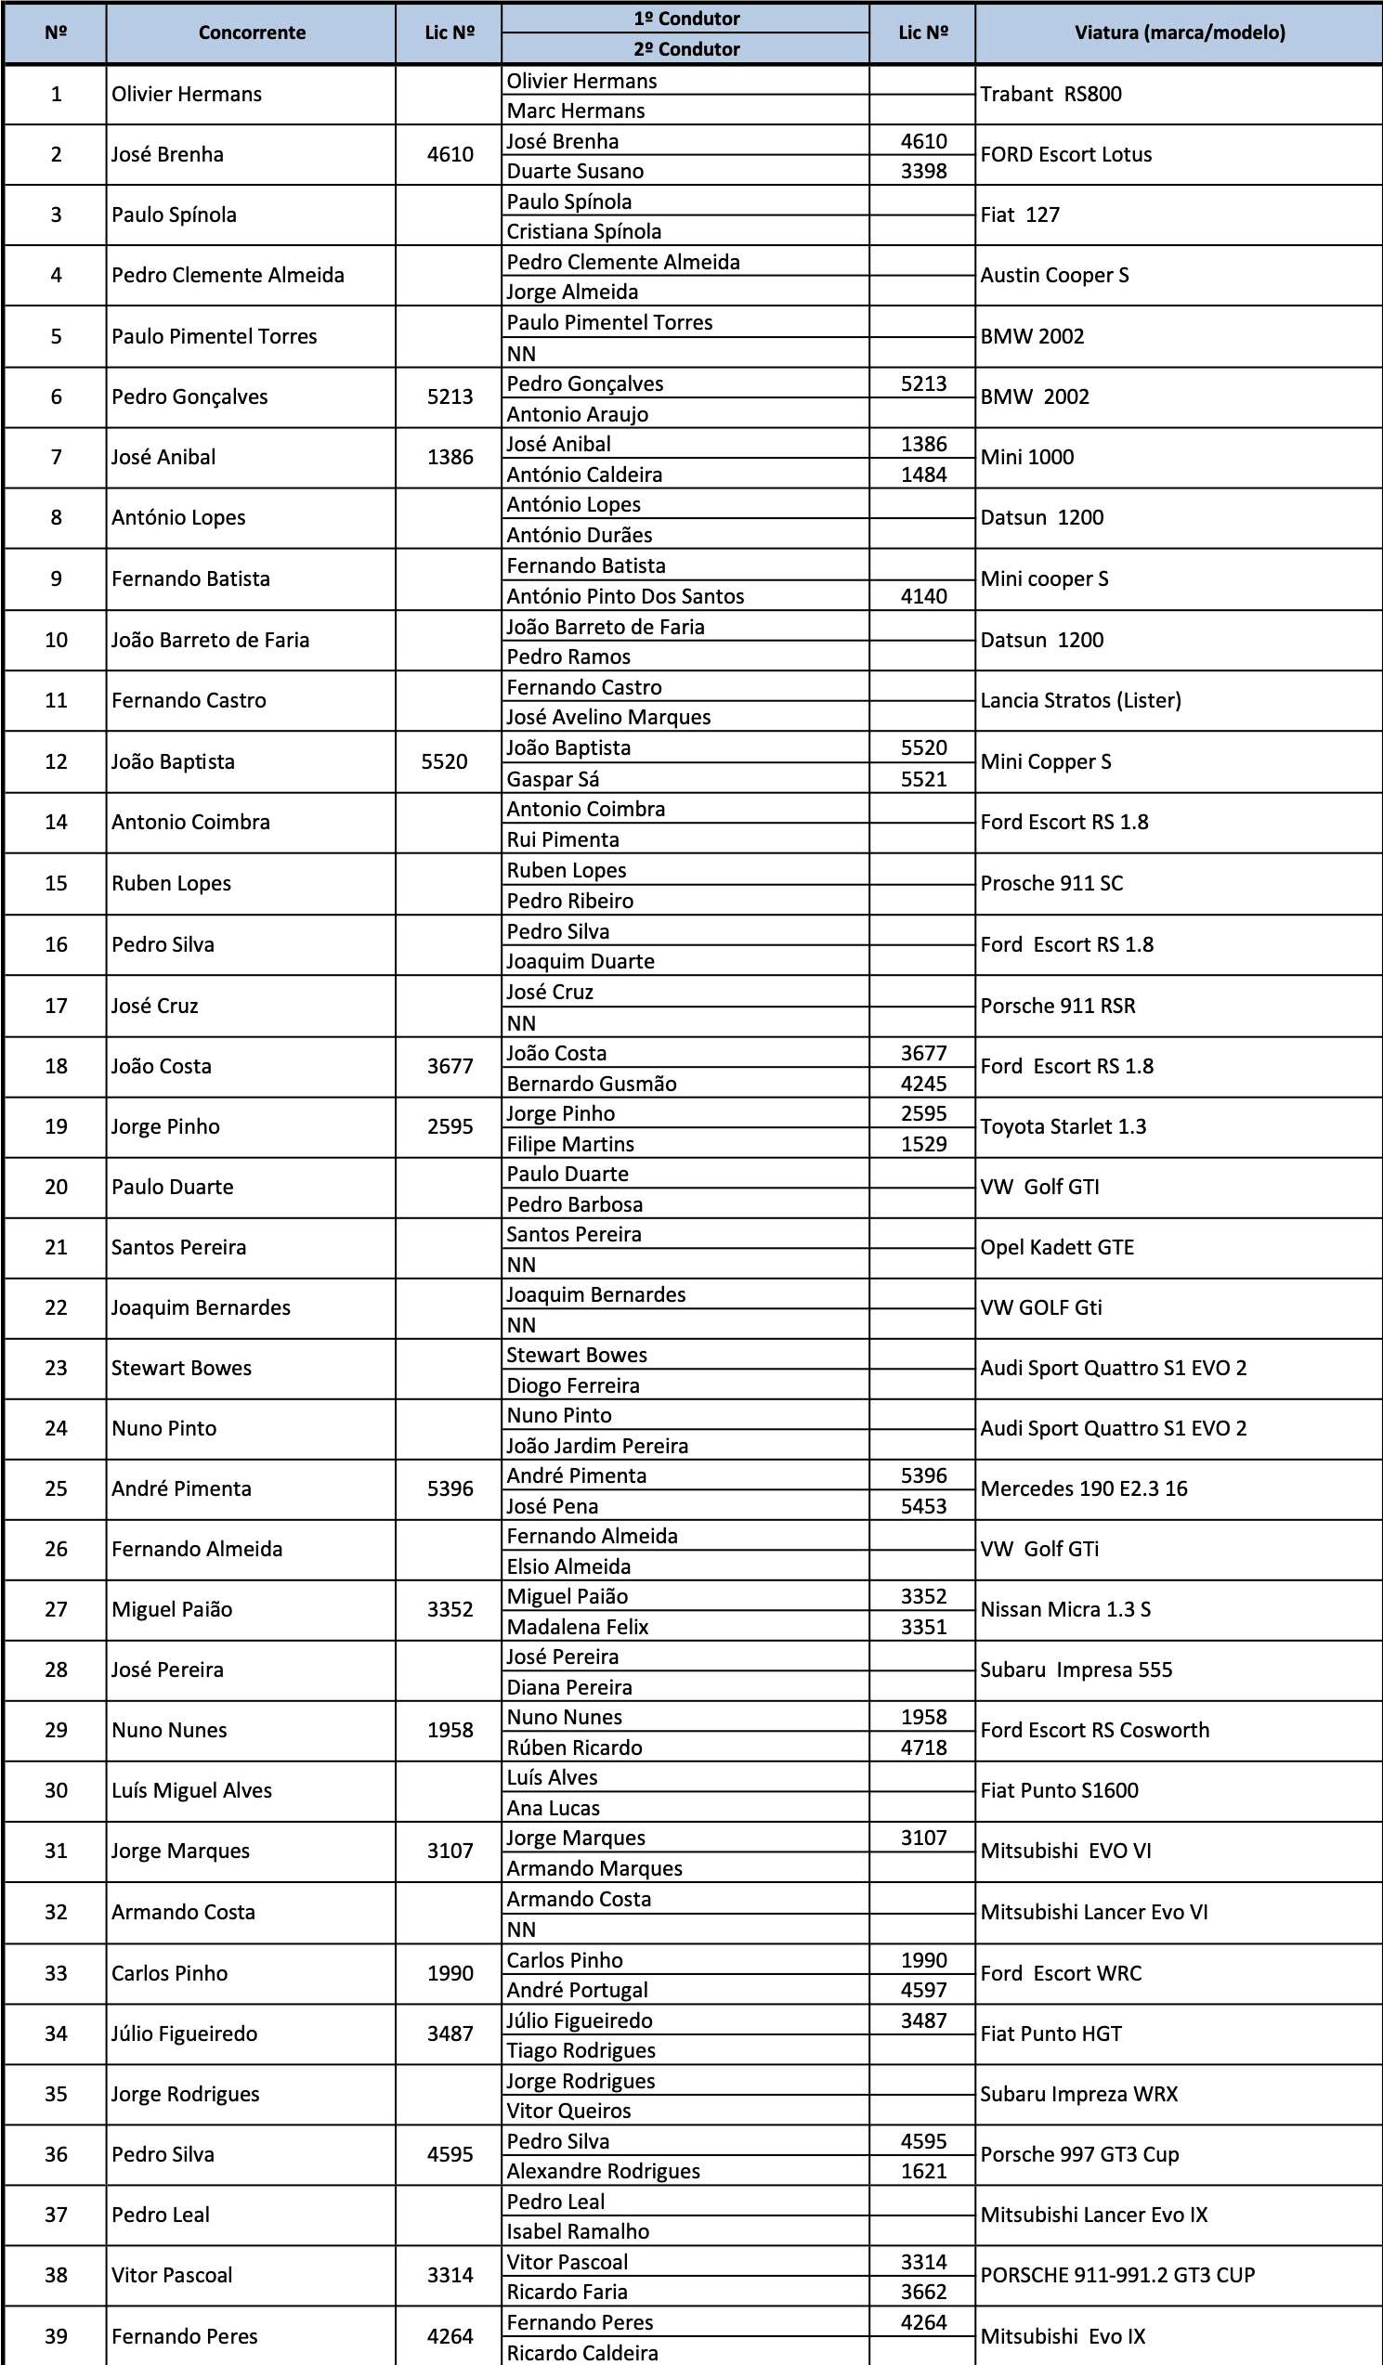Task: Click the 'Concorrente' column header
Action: pos(252,32)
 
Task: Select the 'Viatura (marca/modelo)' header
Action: pos(1180,32)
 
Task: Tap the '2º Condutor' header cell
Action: pos(686,49)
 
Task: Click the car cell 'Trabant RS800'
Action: pos(1050,94)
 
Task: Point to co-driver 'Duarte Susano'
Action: pos(576,171)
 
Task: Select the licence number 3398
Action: pos(923,171)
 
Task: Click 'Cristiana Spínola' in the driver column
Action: pos(584,231)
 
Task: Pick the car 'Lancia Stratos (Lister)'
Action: pos(1081,700)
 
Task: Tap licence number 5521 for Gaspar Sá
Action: pos(923,779)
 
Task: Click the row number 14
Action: pos(57,822)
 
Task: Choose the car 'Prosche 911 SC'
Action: pos(1051,883)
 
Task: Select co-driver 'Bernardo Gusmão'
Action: pos(592,1083)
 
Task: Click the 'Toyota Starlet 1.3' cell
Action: pos(1063,1126)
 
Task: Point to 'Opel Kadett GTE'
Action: pos(1057,1247)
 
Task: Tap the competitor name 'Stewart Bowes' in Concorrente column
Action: pos(181,1368)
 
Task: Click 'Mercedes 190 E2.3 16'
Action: pos(1084,1488)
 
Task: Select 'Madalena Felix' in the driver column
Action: pos(578,1627)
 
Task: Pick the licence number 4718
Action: pos(923,1748)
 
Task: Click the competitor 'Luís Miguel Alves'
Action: pos(191,1789)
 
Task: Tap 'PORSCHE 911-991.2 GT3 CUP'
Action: pos(1117,2275)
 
